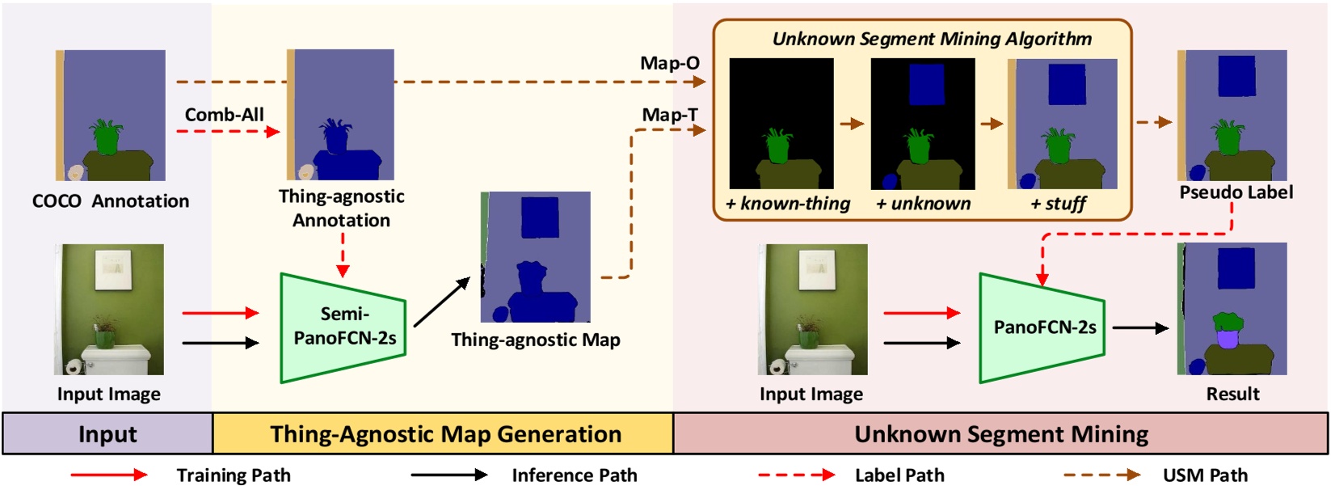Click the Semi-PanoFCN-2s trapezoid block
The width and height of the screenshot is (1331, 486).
(x=343, y=327)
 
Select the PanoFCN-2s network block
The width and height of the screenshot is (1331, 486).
(x=1042, y=328)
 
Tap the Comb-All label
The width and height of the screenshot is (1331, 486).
(x=224, y=115)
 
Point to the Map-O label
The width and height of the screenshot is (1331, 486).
(x=669, y=63)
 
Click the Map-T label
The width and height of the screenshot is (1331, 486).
(x=669, y=115)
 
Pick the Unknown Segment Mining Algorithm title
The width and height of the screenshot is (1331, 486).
(x=932, y=39)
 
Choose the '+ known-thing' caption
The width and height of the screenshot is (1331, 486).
(x=787, y=204)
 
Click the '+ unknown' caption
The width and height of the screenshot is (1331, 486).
(x=923, y=204)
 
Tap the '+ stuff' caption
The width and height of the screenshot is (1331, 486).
(x=1058, y=204)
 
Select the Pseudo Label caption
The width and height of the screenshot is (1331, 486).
(x=1236, y=192)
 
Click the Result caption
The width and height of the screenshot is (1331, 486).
(x=1232, y=394)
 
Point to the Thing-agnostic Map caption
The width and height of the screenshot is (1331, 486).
(x=535, y=340)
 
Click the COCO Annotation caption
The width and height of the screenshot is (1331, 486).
(x=111, y=201)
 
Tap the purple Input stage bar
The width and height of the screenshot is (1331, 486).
(x=107, y=434)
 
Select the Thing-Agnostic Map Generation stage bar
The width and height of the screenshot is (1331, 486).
(x=445, y=434)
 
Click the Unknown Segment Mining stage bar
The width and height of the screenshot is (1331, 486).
(x=1000, y=434)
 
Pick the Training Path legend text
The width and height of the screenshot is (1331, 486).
(x=234, y=475)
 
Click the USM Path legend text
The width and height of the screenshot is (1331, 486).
(x=1205, y=475)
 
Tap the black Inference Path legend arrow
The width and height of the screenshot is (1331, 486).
(x=449, y=475)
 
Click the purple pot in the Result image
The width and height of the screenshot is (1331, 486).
(x=1228, y=337)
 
